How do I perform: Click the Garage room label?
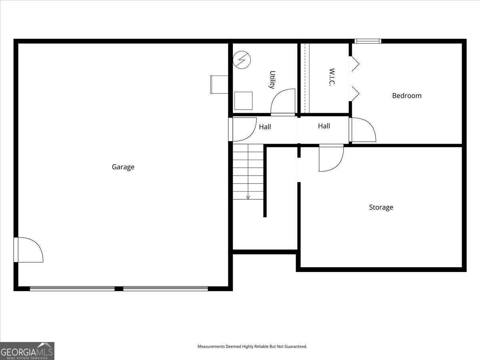point(123,167)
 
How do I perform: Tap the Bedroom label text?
point(406,96)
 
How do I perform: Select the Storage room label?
point(381,207)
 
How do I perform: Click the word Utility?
point(272,80)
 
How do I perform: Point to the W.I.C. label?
point(332,77)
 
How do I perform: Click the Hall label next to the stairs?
point(265,127)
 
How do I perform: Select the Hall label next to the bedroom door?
point(324,126)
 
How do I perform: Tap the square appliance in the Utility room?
point(243,100)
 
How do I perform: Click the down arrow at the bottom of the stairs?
point(248,197)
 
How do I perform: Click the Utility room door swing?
point(283,102)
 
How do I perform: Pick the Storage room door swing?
point(331,158)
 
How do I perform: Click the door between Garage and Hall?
point(243,129)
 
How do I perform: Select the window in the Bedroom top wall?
point(368,41)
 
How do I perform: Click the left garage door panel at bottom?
point(72,288)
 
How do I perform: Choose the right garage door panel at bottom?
point(165,288)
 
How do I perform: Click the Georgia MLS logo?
point(27,351)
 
